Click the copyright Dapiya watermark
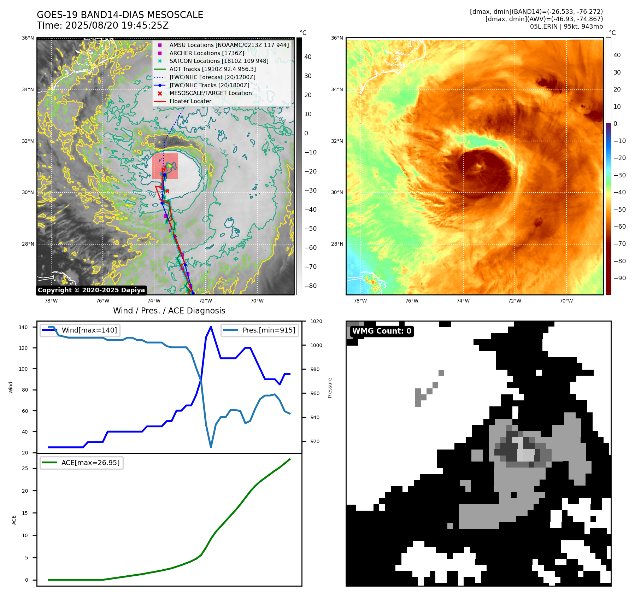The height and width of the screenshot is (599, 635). [91, 290]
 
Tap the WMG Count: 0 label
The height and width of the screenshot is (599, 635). [382, 331]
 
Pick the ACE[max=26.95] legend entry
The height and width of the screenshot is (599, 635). [90, 463]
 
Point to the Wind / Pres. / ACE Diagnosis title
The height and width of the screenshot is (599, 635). [169, 311]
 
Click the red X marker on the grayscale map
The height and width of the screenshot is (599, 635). [167, 191]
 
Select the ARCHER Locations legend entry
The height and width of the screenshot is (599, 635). [207, 53]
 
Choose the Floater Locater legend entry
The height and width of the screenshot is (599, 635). [190, 101]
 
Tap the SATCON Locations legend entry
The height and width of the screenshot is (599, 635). [219, 61]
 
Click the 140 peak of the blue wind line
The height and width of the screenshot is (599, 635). [211, 327]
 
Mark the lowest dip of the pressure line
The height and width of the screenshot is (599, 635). [211, 447]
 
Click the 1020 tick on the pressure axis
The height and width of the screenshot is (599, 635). [316, 321]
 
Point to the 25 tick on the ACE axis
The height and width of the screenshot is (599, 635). [25, 468]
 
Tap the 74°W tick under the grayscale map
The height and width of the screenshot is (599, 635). [154, 301]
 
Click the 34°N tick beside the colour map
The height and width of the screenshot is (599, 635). [337, 89]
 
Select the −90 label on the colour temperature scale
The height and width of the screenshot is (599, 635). [619, 278]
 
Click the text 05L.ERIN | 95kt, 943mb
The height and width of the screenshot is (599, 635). [566, 27]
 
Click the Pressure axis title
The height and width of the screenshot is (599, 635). [330, 388]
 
